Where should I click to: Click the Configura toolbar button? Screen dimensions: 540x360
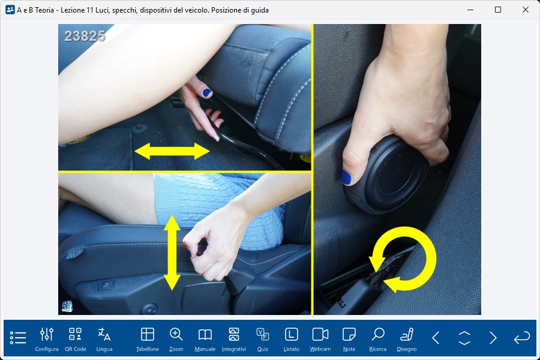tap(46, 340)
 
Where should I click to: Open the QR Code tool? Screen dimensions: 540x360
tap(76, 340)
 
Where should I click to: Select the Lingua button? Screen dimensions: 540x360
tap(104, 340)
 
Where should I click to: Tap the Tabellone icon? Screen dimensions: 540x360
tap(148, 340)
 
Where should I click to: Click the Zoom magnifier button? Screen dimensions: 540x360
tap(176, 340)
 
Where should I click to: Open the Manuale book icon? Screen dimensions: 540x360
tap(205, 340)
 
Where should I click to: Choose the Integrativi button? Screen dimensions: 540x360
tap(234, 340)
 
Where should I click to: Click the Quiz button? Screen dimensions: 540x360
tap(262, 340)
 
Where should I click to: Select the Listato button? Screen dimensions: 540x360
tap(292, 340)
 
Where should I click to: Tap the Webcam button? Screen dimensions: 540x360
tap(320, 340)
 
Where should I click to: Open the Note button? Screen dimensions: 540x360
tap(349, 340)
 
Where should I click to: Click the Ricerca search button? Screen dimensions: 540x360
tap(378, 340)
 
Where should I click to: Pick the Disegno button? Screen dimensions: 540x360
tap(407, 340)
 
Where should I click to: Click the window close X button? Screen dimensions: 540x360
tap(525, 10)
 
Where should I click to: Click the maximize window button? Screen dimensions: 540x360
tap(497, 10)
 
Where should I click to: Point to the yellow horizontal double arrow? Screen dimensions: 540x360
tap(172, 151)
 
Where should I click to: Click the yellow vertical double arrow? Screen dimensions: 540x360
tap(172, 253)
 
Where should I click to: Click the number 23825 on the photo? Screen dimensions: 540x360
tap(85, 36)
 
